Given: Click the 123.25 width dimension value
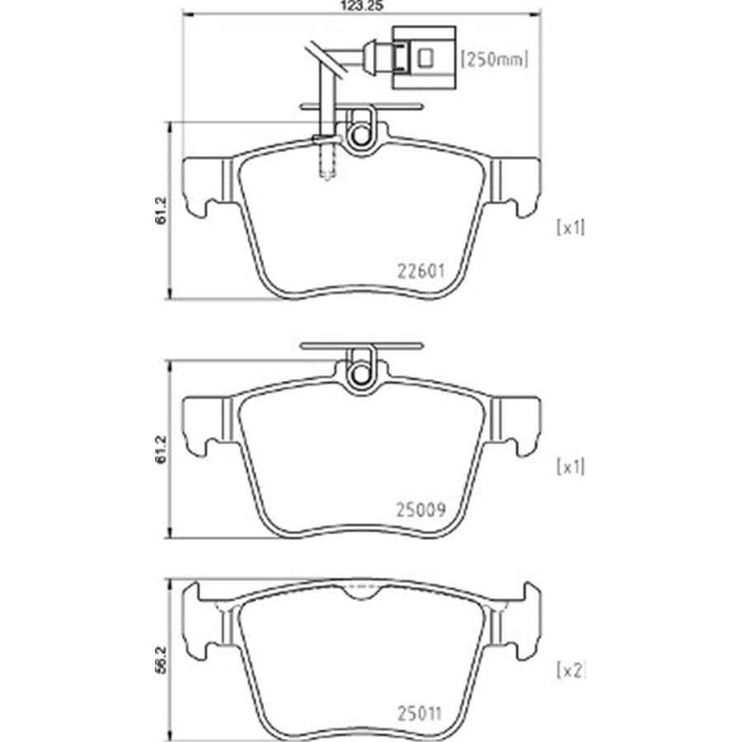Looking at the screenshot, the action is [362, 6].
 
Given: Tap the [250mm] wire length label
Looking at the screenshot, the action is [495, 59].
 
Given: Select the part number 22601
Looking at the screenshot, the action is [420, 271].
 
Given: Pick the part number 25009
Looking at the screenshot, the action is [420, 510].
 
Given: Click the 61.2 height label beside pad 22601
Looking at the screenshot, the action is [162, 210].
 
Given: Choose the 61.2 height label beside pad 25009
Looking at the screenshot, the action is [162, 449].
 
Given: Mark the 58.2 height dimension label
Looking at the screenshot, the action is [162, 660].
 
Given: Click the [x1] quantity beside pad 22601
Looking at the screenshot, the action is [571, 228].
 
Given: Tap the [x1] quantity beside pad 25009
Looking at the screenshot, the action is [571, 467].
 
